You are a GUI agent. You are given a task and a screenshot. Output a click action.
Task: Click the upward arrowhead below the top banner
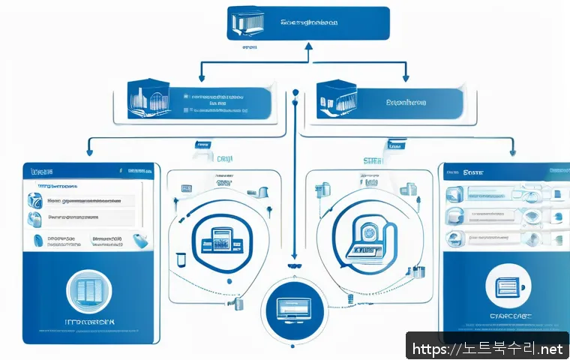click(x=306, y=46)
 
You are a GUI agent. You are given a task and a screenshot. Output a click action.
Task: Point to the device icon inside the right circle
click(x=365, y=239)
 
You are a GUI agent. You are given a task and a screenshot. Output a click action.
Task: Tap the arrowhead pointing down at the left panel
click(x=89, y=155)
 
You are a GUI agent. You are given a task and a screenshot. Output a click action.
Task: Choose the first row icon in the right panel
click(x=455, y=195)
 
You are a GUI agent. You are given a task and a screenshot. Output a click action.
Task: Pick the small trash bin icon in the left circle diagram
click(x=181, y=260)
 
